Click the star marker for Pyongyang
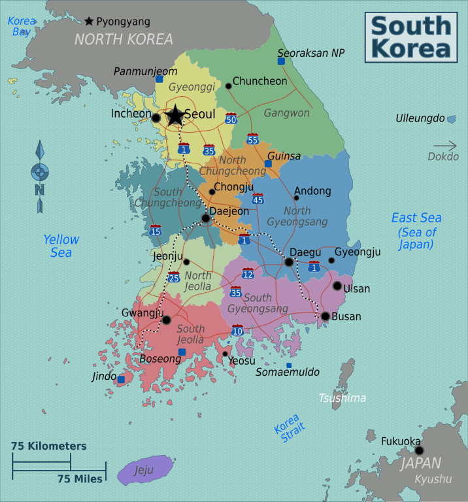89,22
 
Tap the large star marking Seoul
175,116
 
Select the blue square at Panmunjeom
159,78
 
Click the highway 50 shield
231,118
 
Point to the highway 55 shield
252,139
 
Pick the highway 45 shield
258,199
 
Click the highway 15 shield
156,229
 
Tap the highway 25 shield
174,277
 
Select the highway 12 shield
248,273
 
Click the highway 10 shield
237,330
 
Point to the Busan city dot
326,316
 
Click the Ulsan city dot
337,286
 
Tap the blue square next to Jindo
121,378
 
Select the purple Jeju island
144,469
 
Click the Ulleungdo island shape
451,119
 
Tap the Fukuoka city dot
419,450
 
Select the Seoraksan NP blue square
281,61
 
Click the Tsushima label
342,397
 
